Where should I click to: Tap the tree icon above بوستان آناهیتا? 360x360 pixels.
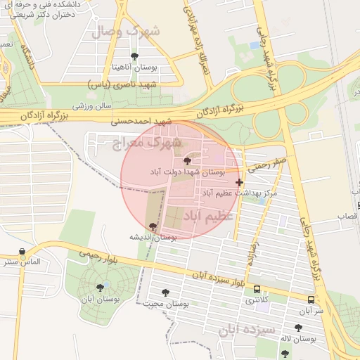tap(134, 56)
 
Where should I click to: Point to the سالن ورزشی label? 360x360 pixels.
tap(94, 107)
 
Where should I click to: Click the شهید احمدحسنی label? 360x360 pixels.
tap(141, 122)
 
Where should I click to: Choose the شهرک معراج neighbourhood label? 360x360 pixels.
tap(147, 143)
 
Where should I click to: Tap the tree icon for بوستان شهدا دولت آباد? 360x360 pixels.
tap(186, 161)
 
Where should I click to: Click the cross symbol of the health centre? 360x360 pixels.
tap(240, 182)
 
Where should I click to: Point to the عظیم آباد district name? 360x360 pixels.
tap(209, 216)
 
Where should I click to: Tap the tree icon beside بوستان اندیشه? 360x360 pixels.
tap(153, 226)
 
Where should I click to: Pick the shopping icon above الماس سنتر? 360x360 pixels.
tap(22, 252)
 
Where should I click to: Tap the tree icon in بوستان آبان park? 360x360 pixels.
tap(100, 287)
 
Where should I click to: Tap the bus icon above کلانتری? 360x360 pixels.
tap(257, 289)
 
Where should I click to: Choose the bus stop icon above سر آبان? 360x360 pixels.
tap(311, 300)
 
